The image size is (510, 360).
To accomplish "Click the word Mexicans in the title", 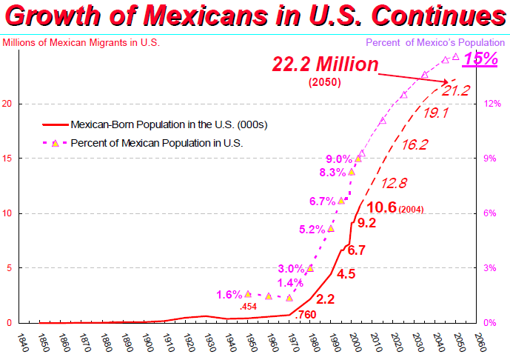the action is (206, 16).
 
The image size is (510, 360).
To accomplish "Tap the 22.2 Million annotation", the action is (325, 64).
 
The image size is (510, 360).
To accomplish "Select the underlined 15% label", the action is (480, 59).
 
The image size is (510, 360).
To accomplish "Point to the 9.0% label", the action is (339, 159).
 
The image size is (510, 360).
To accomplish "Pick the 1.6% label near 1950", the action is (229, 295).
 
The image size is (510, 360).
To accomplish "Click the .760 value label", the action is (306, 314).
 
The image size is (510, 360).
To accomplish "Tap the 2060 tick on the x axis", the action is (480, 342).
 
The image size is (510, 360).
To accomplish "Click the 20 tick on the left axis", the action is (7, 104).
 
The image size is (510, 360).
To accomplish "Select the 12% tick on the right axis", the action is (492, 104).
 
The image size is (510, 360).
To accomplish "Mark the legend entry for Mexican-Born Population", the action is (155, 124).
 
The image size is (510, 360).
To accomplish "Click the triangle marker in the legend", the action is (56, 143).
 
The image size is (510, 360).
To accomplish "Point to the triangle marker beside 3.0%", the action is (310, 269).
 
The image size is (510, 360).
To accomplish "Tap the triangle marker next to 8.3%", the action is (352, 172).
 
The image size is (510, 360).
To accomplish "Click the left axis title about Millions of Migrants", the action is (81, 43).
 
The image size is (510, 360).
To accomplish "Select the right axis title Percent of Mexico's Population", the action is (435, 43).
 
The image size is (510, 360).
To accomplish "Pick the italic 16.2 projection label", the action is (415, 145).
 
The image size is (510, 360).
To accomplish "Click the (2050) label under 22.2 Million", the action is (325, 82).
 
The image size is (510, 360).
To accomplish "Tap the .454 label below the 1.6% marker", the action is (248, 307).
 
